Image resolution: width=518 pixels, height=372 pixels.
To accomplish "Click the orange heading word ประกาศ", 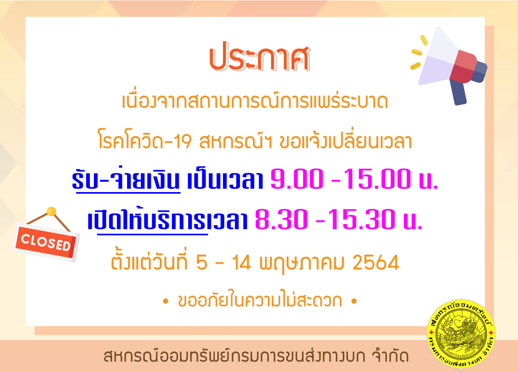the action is [x=260, y=56].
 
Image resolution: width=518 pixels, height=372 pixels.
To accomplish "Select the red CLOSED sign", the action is [x=46, y=242].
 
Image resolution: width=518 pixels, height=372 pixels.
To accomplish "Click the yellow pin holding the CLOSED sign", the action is [x=51, y=211].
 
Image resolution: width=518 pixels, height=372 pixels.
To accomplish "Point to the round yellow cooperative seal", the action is [x=461, y=334].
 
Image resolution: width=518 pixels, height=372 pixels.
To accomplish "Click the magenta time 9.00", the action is [x=297, y=179].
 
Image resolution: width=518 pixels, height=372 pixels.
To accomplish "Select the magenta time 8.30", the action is [x=281, y=219].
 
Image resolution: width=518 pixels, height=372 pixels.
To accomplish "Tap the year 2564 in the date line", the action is [x=376, y=262].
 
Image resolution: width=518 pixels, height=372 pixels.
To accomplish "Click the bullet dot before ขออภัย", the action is [x=166, y=301].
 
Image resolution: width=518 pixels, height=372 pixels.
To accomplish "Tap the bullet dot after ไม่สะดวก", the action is [x=354, y=301].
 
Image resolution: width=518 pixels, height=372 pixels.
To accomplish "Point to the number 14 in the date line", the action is [x=241, y=262].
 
